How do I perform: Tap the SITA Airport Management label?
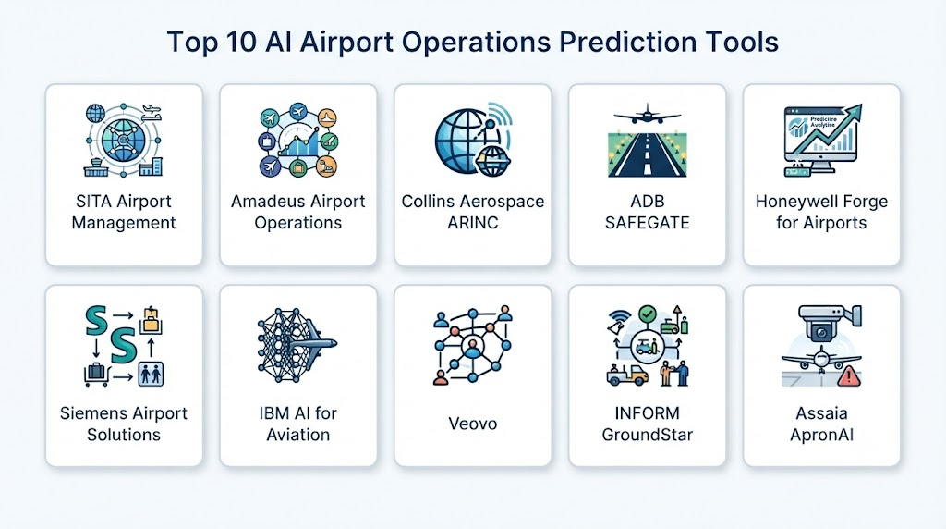(x=124, y=212)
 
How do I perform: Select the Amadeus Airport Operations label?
(x=298, y=212)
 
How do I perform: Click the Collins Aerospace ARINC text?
(x=473, y=212)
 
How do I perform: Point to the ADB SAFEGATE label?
(x=648, y=212)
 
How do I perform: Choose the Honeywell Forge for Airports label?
(x=821, y=212)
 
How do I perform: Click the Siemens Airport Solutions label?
(x=124, y=424)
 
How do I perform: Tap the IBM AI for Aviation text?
(x=298, y=424)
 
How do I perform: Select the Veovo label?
(x=473, y=424)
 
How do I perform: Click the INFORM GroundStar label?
(x=648, y=424)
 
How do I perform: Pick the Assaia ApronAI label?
(x=821, y=424)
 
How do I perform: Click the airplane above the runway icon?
(x=648, y=114)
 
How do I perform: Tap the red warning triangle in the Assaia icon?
(x=849, y=376)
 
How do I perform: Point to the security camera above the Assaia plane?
(x=828, y=323)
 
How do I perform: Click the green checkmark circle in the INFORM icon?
(x=648, y=314)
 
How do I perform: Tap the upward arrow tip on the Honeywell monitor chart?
(x=856, y=109)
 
